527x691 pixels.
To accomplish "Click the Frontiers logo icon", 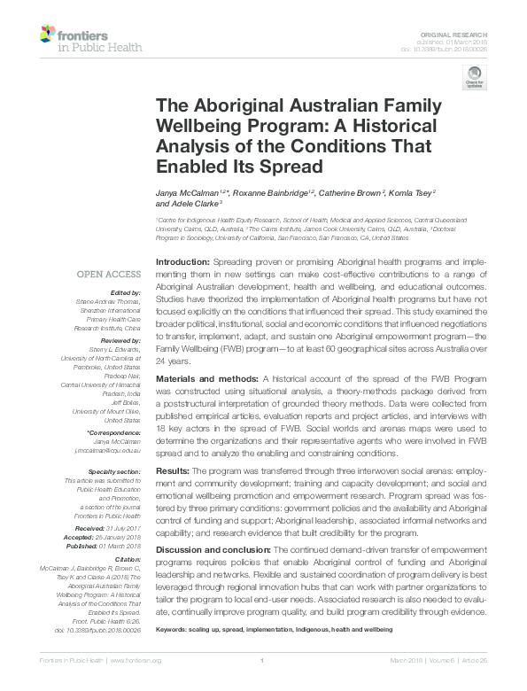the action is tap(50, 36).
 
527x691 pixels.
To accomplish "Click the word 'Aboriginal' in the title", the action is tap(213, 102).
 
